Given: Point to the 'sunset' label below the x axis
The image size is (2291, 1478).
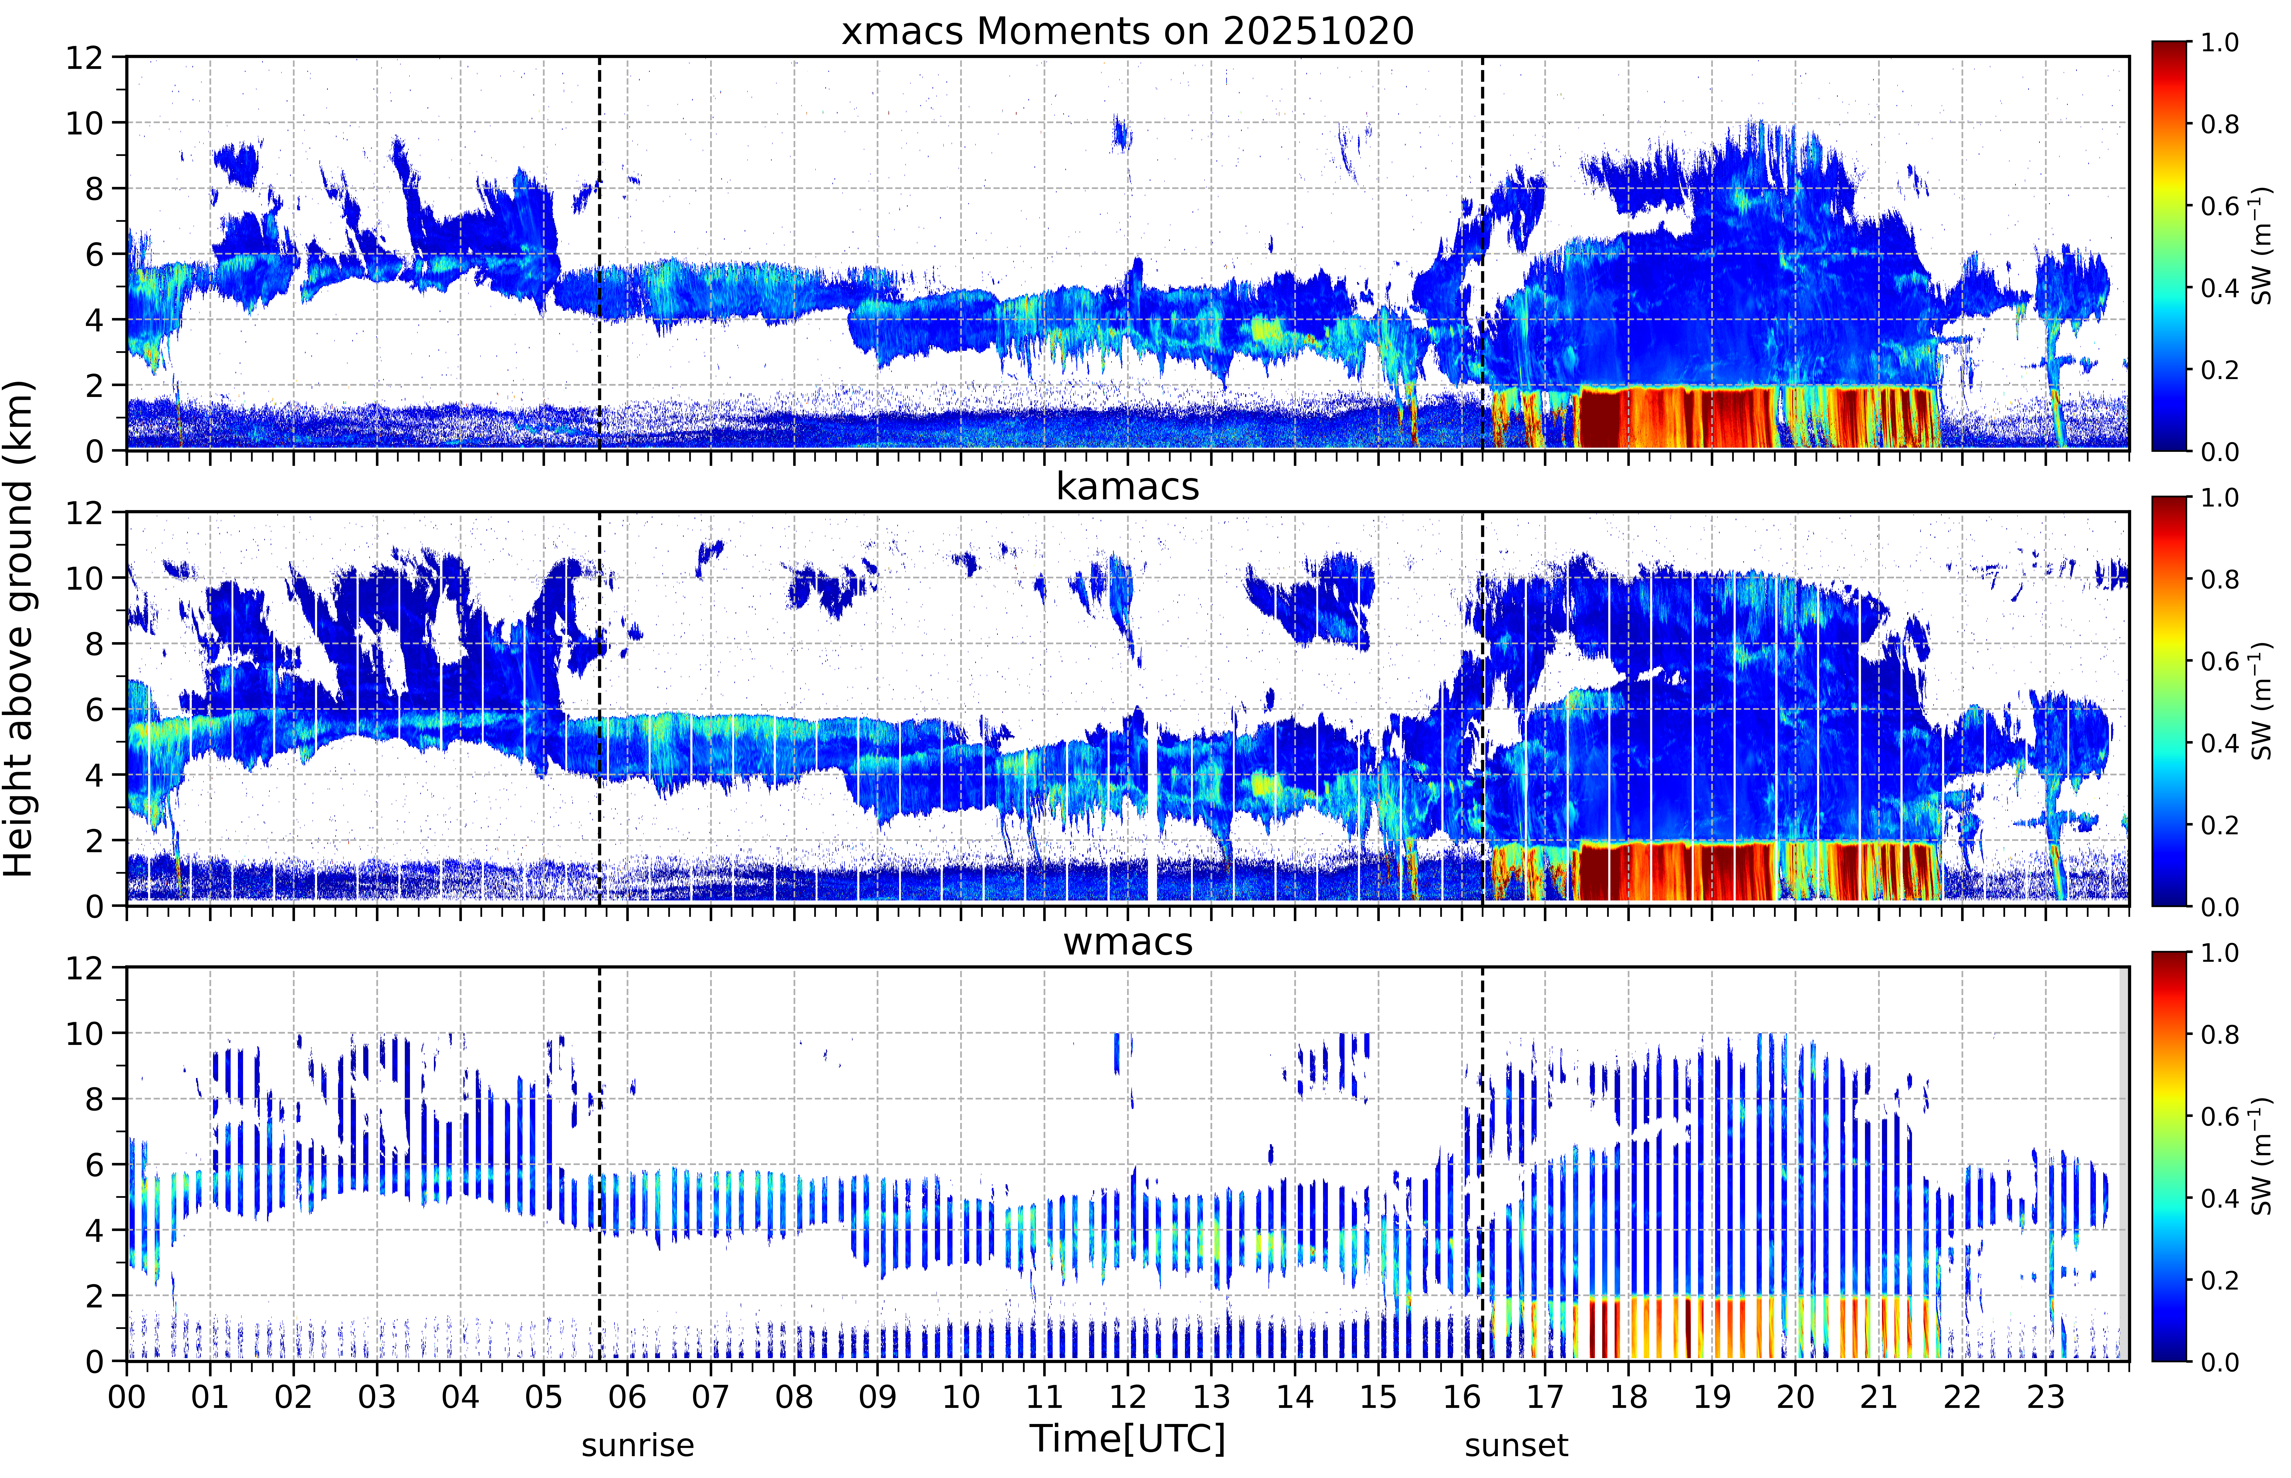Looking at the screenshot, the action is tap(1516, 1445).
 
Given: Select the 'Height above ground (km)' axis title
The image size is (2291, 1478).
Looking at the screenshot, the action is tap(19, 629).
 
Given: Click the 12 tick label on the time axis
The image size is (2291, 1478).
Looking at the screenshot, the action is tap(1128, 1396).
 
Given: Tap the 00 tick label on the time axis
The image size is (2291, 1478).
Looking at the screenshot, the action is tap(127, 1396).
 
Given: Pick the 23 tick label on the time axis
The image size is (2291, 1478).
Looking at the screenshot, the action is tap(2046, 1396).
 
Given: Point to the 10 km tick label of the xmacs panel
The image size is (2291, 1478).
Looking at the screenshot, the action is tap(84, 123).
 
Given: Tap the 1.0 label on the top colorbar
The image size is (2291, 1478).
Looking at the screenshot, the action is tap(2219, 42).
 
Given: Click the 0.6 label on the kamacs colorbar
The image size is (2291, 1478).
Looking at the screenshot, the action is tap(2219, 661).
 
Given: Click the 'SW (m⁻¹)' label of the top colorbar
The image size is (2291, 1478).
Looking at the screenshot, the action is tap(2261, 246).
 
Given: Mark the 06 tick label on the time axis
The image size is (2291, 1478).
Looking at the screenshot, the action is tap(628, 1396).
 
